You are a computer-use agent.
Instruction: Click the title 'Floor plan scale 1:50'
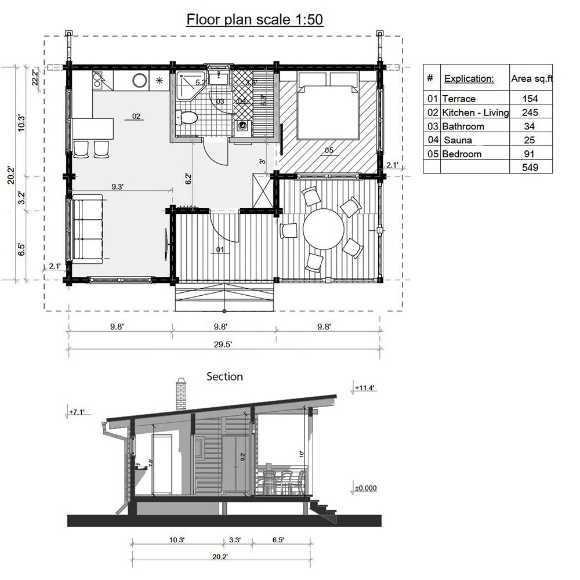(x=254, y=20)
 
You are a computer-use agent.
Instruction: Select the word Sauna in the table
(x=458, y=140)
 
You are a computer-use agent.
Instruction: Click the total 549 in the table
(x=530, y=168)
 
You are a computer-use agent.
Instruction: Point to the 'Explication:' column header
(x=469, y=78)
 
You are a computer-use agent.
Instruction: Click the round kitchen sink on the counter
(x=139, y=81)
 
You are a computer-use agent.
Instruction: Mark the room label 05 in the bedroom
(x=329, y=151)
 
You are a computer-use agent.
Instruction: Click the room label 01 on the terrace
(x=220, y=250)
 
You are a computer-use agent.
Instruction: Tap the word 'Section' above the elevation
(x=225, y=377)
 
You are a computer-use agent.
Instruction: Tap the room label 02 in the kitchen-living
(x=136, y=116)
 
